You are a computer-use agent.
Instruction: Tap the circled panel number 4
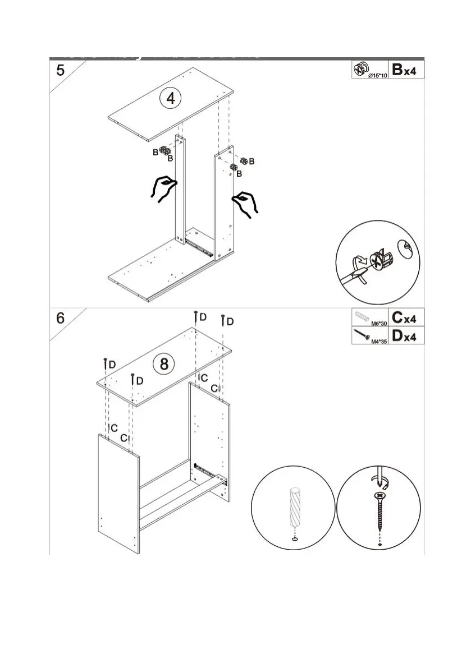coord(171,98)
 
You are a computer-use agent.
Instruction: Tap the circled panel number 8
coord(164,364)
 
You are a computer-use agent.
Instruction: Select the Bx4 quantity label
coord(404,70)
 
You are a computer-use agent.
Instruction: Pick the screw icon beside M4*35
coord(361,335)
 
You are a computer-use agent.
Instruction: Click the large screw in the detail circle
coord(380,510)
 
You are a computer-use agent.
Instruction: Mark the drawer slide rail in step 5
coord(200,246)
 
